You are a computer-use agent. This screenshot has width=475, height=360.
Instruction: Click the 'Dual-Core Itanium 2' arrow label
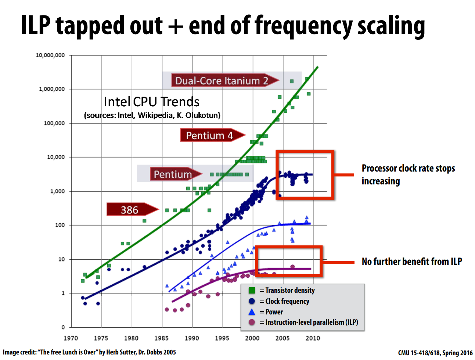coord(225,80)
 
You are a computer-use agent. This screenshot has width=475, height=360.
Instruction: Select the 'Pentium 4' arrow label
coord(212,135)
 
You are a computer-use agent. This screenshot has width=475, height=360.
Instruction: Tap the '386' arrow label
coord(133,209)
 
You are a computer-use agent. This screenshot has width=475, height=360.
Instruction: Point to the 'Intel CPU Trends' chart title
coord(151,102)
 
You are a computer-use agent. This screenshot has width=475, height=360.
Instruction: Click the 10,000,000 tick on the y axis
coord(50,55)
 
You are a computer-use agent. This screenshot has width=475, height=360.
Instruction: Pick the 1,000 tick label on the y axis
coord(58,191)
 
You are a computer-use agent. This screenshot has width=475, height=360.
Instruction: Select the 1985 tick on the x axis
coord(161,338)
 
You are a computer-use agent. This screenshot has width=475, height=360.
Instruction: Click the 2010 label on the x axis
coord(313,338)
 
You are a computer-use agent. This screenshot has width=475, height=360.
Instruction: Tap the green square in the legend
coord(252,290)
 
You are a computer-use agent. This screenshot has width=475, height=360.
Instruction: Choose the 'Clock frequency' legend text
coord(287,301)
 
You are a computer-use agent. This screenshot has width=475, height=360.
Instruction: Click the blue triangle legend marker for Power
coord(252,312)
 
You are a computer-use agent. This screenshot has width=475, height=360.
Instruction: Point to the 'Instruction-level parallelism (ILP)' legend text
coord(312,323)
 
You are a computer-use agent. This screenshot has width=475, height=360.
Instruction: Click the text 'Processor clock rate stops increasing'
coord(408,175)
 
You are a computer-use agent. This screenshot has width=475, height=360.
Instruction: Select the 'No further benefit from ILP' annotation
coord(412,262)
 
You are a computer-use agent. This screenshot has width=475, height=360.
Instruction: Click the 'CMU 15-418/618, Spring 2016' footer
coord(435,353)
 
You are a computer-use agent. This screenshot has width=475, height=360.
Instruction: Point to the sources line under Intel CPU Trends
coord(152,115)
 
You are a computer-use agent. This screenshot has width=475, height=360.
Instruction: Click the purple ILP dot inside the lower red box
coord(292,267)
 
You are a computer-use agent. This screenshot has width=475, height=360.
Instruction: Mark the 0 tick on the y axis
coord(63,327)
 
